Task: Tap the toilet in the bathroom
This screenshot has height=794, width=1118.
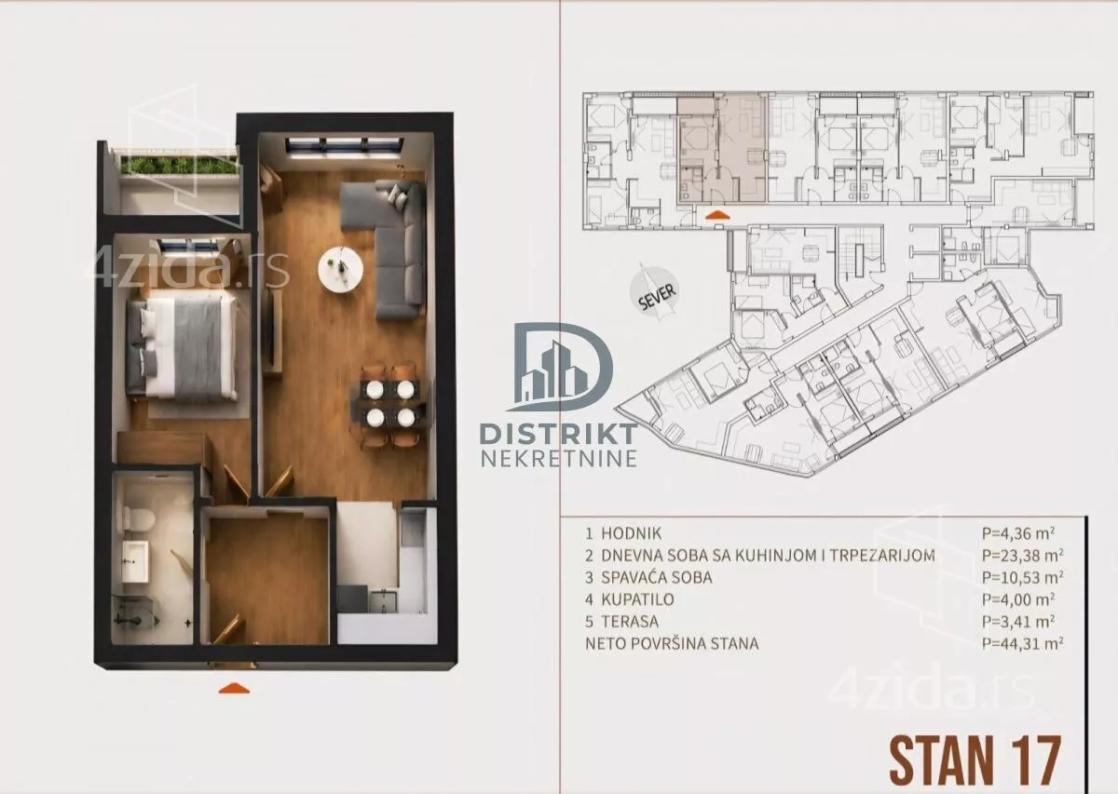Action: point(139,520)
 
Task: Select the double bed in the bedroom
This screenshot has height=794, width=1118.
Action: point(182,346)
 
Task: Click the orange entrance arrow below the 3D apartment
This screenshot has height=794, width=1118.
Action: point(234,688)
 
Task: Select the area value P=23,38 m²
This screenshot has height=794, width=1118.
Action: point(1023,555)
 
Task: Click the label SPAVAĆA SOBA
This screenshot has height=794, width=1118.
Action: point(656,577)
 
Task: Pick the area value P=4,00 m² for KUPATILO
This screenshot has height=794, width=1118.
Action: point(1018,599)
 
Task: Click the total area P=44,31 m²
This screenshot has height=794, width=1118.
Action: point(1023,643)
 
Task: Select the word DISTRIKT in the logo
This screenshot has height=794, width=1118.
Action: point(558,435)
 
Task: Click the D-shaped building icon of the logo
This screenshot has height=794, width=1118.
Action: point(560,367)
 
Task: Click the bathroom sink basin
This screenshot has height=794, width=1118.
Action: point(136,561)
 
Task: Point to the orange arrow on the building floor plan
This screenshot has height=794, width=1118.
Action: point(717,215)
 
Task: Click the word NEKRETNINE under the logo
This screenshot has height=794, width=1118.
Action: point(559,458)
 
